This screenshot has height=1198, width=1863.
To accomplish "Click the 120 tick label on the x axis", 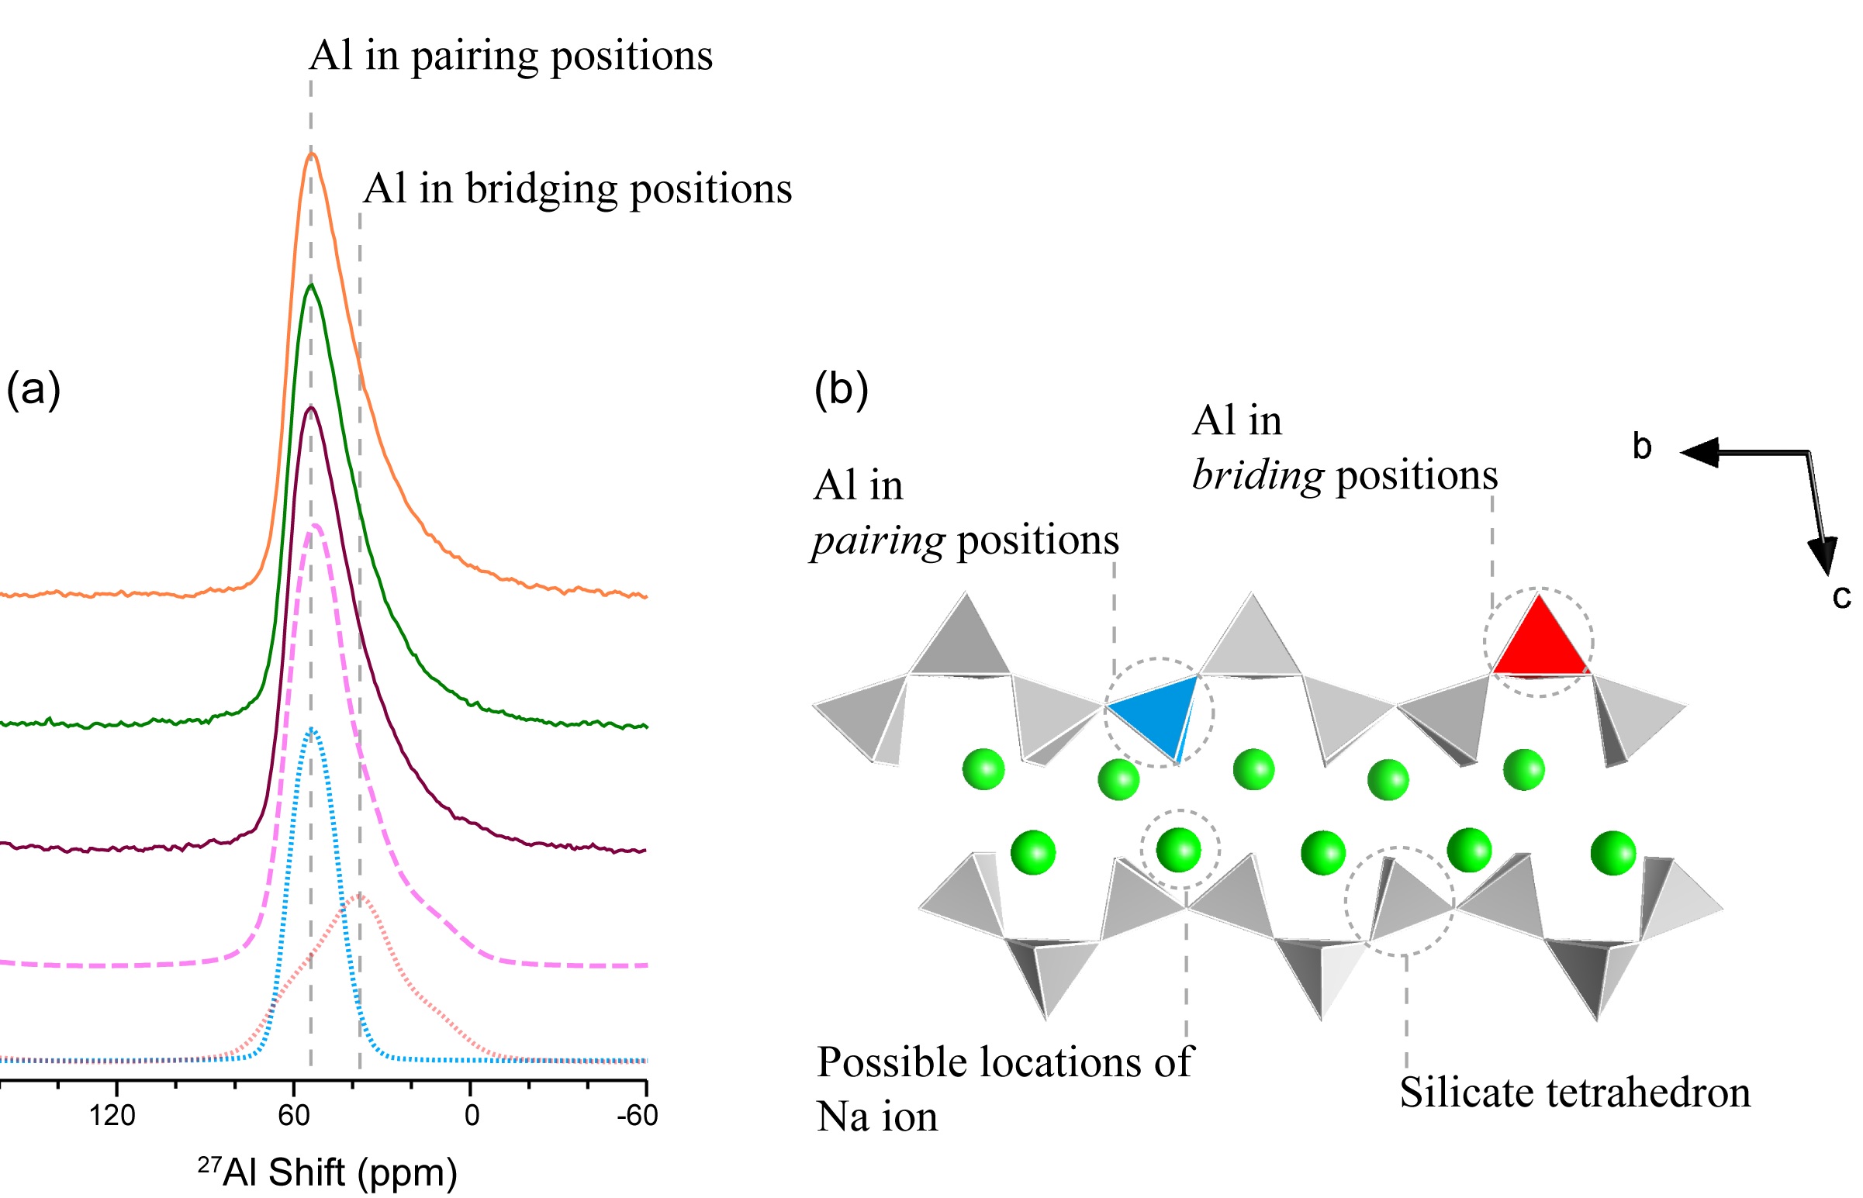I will click(x=112, y=1116).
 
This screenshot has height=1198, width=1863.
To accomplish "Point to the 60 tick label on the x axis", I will click(x=293, y=1116).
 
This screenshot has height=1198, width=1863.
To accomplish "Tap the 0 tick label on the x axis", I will click(x=472, y=1116).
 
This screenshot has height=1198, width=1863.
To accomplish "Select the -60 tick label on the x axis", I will click(x=637, y=1116).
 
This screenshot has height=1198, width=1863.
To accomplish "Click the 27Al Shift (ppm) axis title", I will click(x=327, y=1172).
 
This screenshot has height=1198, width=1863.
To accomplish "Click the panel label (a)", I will click(x=33, y=388).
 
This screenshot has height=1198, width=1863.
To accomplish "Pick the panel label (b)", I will click(x=841, y=388).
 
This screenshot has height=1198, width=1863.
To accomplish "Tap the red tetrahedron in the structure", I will click(x=1539, y=643).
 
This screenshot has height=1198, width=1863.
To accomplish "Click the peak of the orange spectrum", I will click(x=312, y=154).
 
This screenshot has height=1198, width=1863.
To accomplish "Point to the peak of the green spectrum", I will click(x=312, y=285).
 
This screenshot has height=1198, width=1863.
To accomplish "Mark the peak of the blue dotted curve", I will click(x=312, y=729).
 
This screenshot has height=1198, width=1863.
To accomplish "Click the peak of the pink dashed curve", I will click(x=316, y=525).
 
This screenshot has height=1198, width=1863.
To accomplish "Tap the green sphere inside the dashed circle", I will click(x=1178, y=850).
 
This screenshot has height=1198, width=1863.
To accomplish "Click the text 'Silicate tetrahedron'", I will click(x=1575, y=1093).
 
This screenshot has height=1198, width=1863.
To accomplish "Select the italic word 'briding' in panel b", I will click(x=1257, y=475).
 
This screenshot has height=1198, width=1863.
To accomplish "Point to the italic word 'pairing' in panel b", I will click(x=878, y=540).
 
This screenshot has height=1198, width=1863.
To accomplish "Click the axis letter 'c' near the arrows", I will click(x=1841, y=596).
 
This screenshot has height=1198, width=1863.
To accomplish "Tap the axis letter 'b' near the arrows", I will click(x=1642, y=447).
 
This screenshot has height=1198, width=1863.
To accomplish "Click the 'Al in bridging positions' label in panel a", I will click(x=577, y=189).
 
